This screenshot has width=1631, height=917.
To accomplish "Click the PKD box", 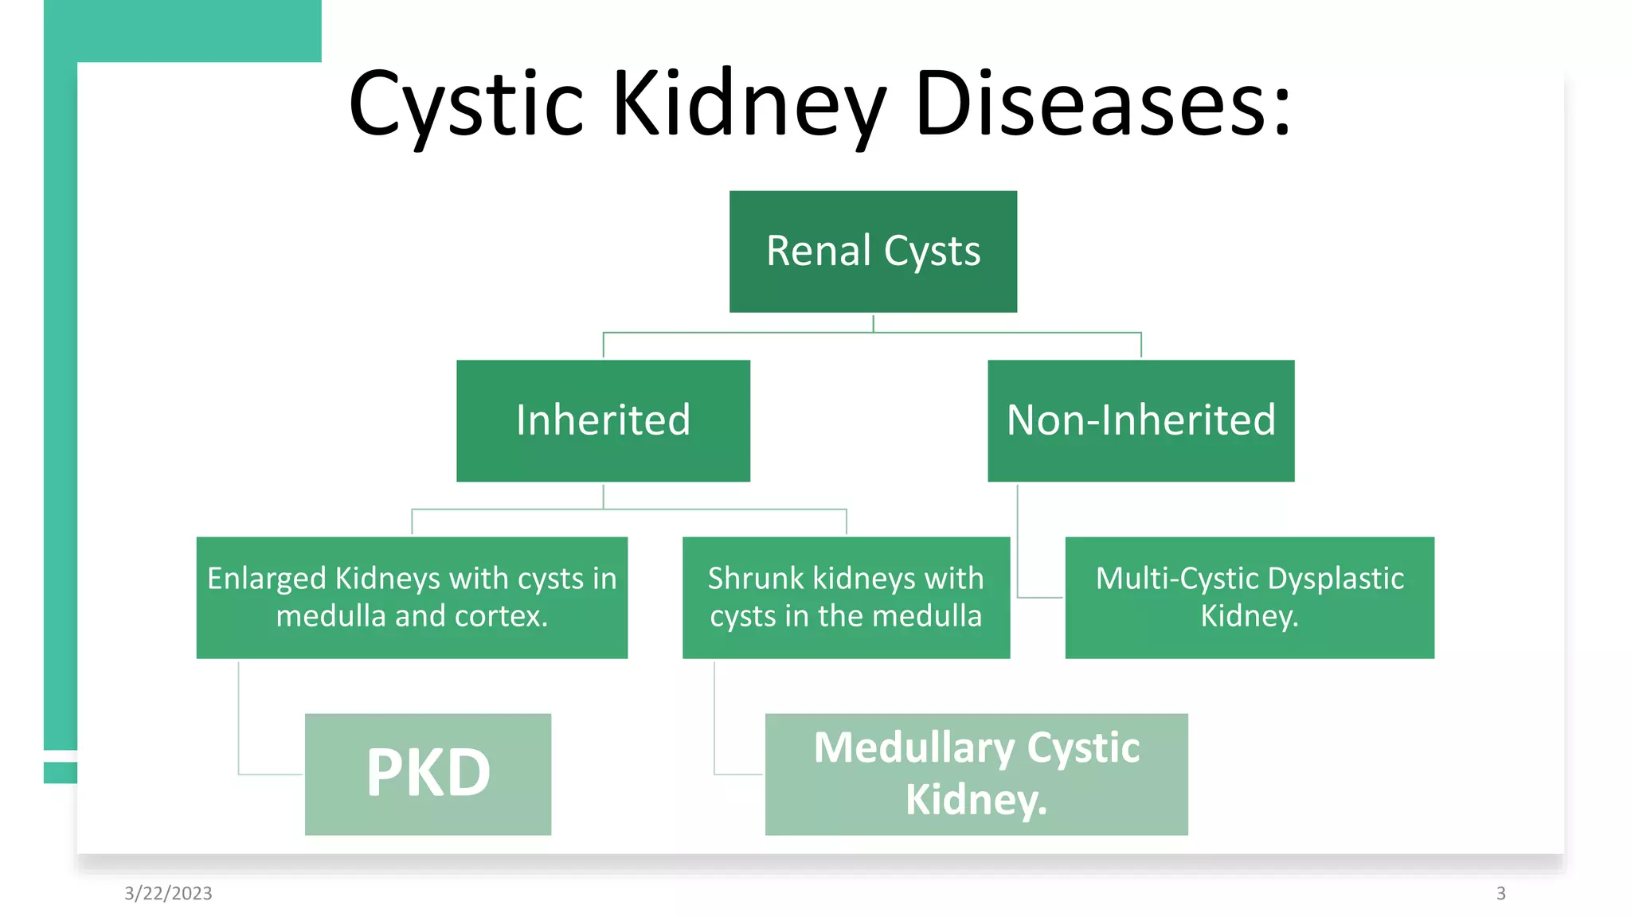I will (428, 774).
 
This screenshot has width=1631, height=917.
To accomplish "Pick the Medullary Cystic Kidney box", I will (976, 774).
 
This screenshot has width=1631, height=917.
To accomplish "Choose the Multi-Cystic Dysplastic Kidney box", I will (1249, 597).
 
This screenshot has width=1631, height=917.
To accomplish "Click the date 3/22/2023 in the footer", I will (168, 893).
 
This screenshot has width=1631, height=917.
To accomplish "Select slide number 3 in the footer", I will (1500, 893).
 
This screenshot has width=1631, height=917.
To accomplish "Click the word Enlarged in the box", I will (267, 579).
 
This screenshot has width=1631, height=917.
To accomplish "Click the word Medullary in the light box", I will (913, 748).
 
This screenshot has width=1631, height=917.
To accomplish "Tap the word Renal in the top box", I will (818, 251).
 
